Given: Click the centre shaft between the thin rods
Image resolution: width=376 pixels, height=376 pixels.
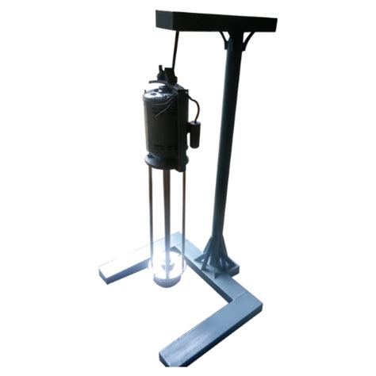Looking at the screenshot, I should click(x=167, y=214).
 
